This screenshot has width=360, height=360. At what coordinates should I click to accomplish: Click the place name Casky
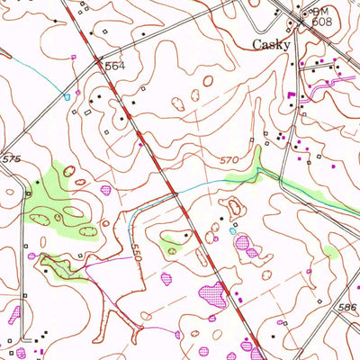click(x=270, y=44)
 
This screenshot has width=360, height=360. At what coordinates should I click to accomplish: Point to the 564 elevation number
click(x=113, y=66)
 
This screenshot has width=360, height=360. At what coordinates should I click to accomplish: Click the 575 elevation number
click(x=11, y=158)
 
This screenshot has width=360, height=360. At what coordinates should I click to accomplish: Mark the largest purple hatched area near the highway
click(x=212, y=292)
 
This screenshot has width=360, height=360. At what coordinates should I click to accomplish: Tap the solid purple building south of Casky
click(x=290, y=93)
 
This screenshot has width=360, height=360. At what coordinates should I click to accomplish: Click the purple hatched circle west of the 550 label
click(x=106, y=190)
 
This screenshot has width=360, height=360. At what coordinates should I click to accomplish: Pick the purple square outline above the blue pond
click(x=73, y=57)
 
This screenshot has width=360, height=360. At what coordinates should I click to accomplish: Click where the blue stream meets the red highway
click(x=175, y=192)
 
